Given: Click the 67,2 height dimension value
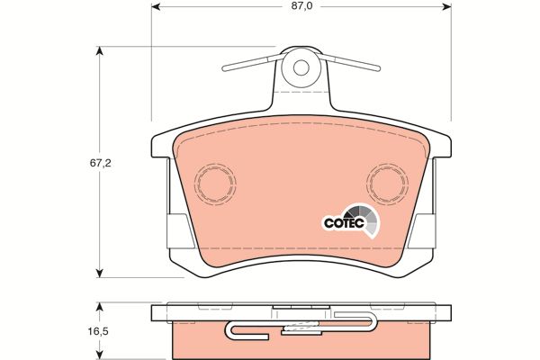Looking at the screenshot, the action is [x=101, y=163].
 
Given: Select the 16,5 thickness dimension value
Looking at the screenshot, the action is [x=99, y=331].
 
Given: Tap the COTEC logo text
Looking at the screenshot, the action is [x=344, y=223].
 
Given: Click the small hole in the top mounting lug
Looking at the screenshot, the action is [x=301, y=67].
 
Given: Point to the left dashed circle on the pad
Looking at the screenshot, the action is [x=215, y=184].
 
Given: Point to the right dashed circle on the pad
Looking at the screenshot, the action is [x=387, y=184].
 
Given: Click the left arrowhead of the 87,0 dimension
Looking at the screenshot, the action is [x=156, y=6].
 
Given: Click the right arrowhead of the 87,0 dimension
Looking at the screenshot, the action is [x=447, y=6].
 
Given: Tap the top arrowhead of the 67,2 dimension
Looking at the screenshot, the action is [x=100, y=50].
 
